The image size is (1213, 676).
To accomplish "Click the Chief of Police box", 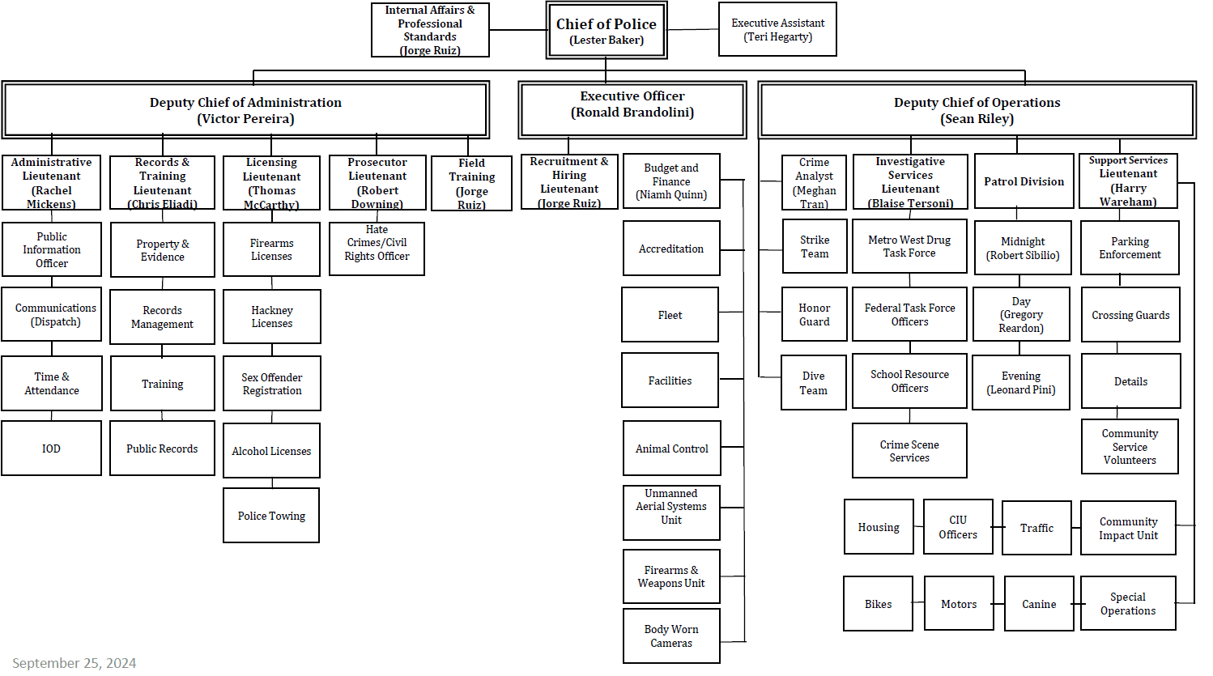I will point(606,31).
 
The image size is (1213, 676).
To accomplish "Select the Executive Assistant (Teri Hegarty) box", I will point(777,30).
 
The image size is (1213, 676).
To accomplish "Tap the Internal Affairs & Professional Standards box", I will point(430,30).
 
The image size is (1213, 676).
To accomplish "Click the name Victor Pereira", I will point(245,119).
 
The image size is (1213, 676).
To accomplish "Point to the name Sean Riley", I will point(977,119).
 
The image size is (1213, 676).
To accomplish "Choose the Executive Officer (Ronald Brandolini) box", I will point(632,105).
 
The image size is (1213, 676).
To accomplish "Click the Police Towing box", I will point(271,516).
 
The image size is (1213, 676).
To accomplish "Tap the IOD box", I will point(51,449).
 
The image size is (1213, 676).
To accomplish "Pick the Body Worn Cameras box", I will point(671,636).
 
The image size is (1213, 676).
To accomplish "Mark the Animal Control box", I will point(671,449).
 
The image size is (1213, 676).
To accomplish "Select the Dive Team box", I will point(813,383).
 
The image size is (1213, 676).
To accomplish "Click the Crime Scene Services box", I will point(909,451).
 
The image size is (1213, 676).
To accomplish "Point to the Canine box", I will point(1039,604).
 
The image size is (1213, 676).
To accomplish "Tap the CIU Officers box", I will point(958,527).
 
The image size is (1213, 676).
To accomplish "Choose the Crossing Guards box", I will point(1130,315).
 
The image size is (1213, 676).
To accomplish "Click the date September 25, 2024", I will point(74,663).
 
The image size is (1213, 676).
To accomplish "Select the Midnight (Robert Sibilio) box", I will point(1023,249).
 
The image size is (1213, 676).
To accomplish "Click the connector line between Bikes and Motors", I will point(918,603).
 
